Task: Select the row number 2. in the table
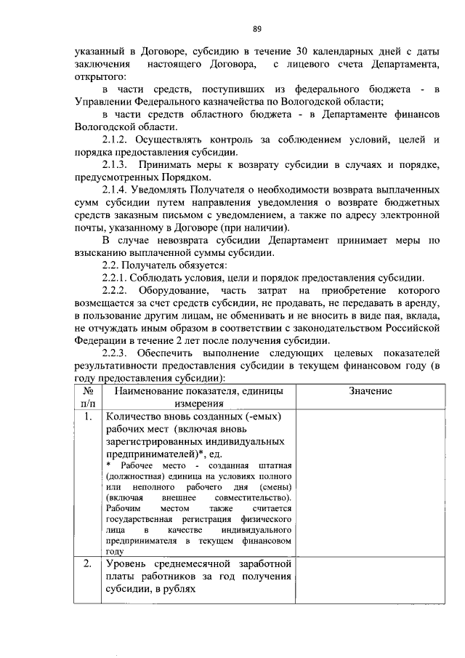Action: pyautogui.click(x=87, y=563)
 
